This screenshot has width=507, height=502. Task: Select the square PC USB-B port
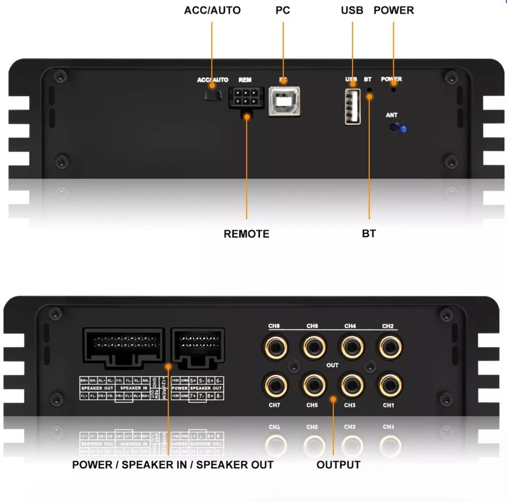pos(284,101)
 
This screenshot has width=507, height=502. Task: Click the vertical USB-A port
pos(352,106)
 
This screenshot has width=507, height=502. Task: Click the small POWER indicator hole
pos(393,90)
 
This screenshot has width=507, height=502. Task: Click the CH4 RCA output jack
pos(351,346)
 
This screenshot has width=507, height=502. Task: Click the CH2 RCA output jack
pos(389,346)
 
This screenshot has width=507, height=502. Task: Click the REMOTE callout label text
pos(246,234)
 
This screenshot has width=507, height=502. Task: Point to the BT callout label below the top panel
pos(369,234)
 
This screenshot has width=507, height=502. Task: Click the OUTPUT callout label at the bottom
pos(338,465)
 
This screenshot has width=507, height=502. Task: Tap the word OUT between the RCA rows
pos(332,365)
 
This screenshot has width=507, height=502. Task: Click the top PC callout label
pos(283,10)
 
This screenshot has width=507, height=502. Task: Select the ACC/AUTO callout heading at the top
pos(212,10)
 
